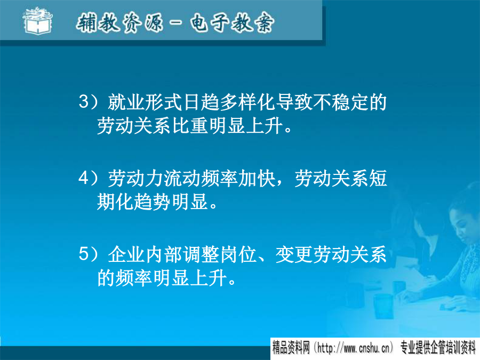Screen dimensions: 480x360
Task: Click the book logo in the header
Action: click(38, 21)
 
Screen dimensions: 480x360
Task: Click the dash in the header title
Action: click(176, 22)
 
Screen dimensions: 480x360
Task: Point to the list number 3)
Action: click(89, 101)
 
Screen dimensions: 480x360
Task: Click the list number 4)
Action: click(89, 178)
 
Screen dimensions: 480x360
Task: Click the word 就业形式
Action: click(145, 102)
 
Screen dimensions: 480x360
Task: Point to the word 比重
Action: click(190, 125)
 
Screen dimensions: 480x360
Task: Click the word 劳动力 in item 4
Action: click(135, 178)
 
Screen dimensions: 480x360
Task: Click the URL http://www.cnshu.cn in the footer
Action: click(353, 348)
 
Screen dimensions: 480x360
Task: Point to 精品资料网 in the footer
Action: click(291, 348)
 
